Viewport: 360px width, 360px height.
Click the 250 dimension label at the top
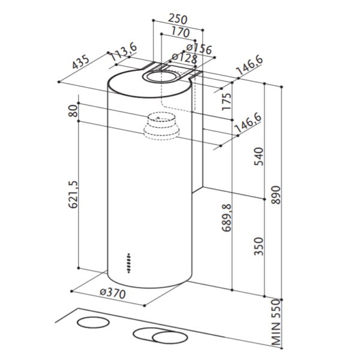click(x=178, y=19)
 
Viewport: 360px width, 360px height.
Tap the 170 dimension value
click(x=181, y=32)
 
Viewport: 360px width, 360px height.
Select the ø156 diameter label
click(x=199, y=49)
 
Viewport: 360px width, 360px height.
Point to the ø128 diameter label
click(x=185, y=58)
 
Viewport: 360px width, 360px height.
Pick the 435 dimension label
click(x=80, y=62)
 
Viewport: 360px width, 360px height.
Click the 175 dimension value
click(x=227, y=101)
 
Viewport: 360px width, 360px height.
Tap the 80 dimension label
click(x=73, y=111)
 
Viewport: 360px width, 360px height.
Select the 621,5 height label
click(x=73, y=194)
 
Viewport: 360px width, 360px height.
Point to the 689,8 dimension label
click(x=227, y=217)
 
